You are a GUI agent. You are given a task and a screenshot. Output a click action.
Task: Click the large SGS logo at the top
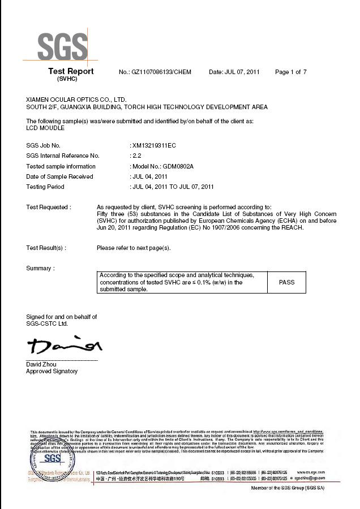[62, 46]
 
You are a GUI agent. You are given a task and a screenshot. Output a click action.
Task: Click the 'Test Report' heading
[71, 71]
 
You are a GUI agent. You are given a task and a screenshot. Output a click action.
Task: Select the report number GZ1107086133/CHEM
[162, 72]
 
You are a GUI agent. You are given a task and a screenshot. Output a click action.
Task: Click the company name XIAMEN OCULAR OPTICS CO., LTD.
[76, 99]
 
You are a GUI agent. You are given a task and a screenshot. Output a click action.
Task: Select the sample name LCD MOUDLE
[46, 128]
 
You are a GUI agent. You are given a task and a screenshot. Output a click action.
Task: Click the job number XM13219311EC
[153, 146]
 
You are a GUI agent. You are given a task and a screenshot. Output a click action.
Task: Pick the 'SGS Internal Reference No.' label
[63, 156]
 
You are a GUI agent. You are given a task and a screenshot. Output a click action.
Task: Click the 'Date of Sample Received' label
[59, 176]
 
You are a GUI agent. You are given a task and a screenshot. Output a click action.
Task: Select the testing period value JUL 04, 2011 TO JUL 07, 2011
[173, 187]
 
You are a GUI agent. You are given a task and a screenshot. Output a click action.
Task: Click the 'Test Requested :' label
[48, 207]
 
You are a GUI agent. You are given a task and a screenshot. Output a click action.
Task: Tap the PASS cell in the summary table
[286, 282]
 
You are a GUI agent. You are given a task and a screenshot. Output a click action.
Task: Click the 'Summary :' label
[40, 268]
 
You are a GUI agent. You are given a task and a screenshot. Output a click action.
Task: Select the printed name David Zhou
[41, 364]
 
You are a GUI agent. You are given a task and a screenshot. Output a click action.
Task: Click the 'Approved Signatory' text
[52, 371]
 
